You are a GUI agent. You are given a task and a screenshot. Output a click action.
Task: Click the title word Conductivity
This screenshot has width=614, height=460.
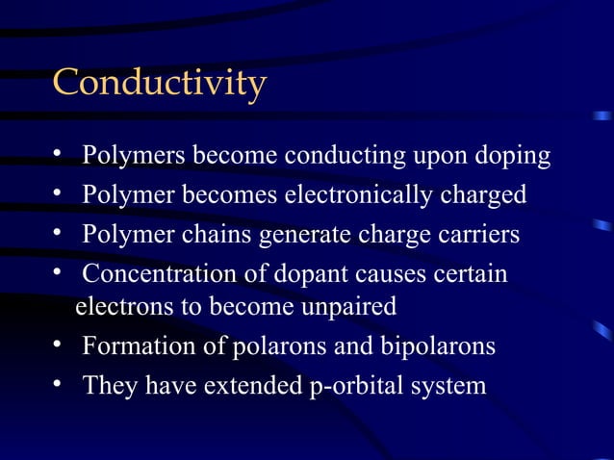(x=159, y=83)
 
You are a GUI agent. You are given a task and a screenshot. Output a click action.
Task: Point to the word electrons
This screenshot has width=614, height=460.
(x=115, y=308)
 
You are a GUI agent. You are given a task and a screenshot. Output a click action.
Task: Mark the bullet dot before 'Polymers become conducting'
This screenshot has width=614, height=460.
(x=59, y=155)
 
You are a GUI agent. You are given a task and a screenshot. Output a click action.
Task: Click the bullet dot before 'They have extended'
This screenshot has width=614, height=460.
(x=59, y=385)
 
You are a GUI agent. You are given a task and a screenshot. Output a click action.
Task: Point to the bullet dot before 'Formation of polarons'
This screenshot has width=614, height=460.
(x=59, y=345)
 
